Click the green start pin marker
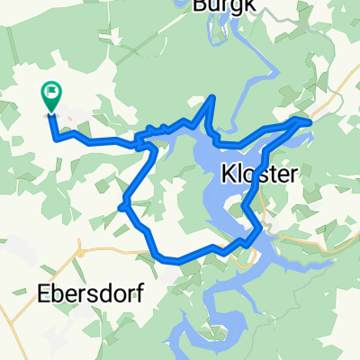[x=51, y=97]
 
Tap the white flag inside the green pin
[x=51, y=90]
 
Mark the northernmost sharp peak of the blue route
[x=212, y=96]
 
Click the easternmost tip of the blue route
[x=310, y=120]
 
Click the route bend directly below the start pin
[x=58, y=138]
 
